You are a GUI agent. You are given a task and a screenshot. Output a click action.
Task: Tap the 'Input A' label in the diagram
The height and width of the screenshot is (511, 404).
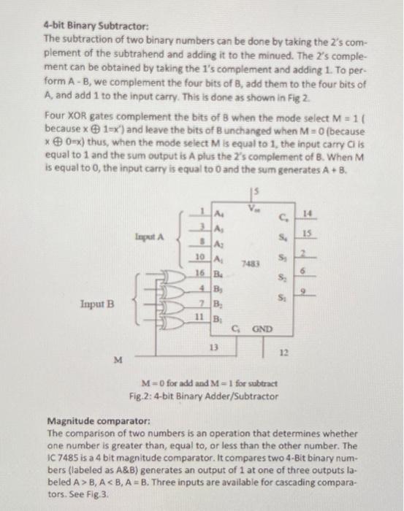(150, 237)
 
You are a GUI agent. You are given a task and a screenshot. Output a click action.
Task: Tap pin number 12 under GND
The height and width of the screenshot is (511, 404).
(284, 352)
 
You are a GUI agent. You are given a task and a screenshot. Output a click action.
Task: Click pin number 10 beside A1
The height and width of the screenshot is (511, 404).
(199, 257)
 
